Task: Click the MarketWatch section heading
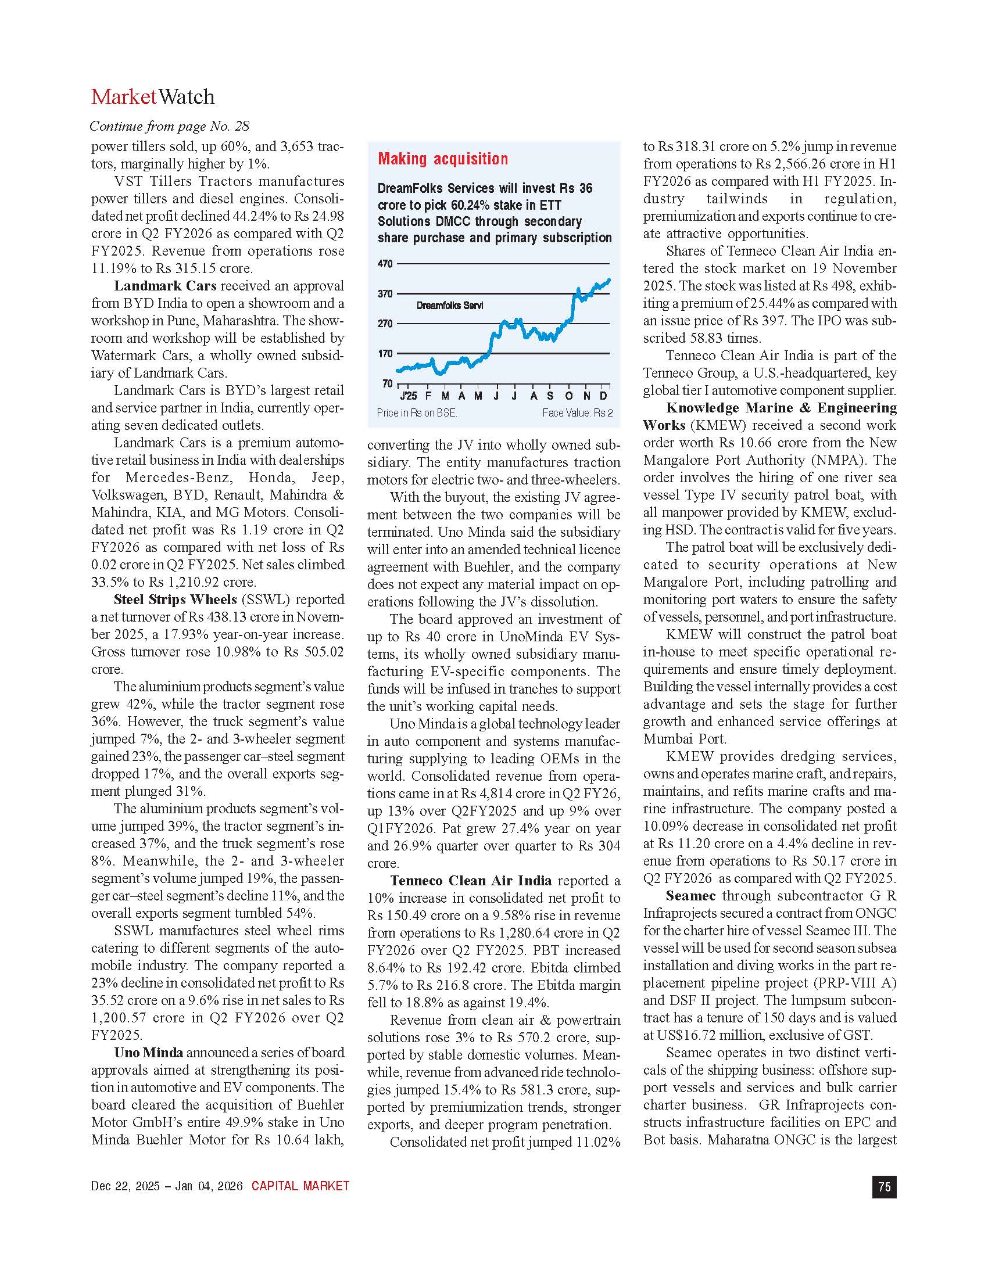click(153, 97)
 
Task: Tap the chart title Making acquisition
click(442, 159)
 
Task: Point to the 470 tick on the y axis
click(385, 264)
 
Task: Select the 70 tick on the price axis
click(387, 383)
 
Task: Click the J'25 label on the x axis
click(409, 396)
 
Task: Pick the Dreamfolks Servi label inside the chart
click(449, 306)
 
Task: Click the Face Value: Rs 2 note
click(577, 413)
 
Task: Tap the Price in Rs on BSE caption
click(416, 413)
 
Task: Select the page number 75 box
click(884, 1187)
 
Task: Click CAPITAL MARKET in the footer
click(300, 1186)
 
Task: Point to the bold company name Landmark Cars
click(165, 286)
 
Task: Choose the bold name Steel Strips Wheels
click(175, 600)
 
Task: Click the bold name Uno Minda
click(149, 1053)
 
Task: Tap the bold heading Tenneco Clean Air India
click(471, 881)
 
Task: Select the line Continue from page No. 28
click(169, 127)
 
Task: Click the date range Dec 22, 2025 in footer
click(125, 1186)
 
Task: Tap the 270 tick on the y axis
click(385, 324)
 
